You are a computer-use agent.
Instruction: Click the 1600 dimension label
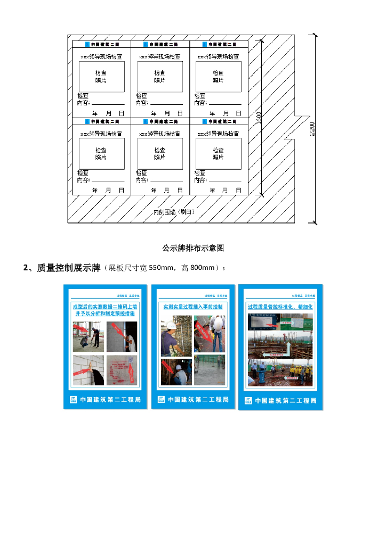point(259,118)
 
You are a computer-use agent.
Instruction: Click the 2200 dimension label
point(312,128)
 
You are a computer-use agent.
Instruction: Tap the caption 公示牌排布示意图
point(193,248)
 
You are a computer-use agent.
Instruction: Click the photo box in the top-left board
point(101,77)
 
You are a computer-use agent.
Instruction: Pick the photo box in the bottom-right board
point(219,154)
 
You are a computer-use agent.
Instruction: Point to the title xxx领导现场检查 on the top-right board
point(218,56)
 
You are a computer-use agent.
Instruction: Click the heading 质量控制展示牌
point(69,268)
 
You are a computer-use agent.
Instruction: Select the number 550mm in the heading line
point(162,268)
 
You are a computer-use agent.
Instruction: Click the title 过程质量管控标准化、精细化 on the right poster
point(280,307)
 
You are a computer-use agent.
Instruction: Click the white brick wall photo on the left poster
point(88,370)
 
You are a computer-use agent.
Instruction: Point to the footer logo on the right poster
point(248,400)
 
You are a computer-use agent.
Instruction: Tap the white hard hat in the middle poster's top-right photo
point(218,321)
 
